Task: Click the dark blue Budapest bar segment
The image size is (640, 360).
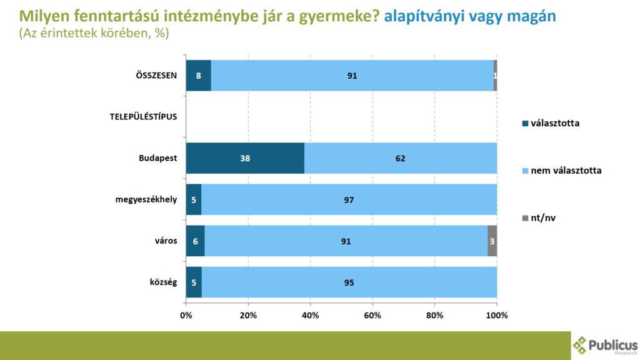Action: pos(245,158)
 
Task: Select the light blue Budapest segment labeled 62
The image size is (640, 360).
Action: pos(401,158)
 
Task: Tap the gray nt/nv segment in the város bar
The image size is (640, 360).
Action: pos(492,241)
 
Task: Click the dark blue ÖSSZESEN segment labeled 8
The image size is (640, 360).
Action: pos(199,76)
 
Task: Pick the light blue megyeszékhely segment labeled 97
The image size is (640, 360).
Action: pos(349,199)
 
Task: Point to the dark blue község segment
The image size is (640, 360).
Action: pos(194,282)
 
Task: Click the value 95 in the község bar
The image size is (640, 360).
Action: pos(349,282)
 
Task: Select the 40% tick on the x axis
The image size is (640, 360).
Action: pos(311,315)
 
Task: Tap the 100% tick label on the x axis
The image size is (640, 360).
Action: pos(497,315)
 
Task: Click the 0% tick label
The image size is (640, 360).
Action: pos(186,315)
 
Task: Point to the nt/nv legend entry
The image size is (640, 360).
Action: pos(541,217)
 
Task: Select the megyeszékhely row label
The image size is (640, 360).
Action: pos(146,199)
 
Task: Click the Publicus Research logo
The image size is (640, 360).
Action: pos(605,344)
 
